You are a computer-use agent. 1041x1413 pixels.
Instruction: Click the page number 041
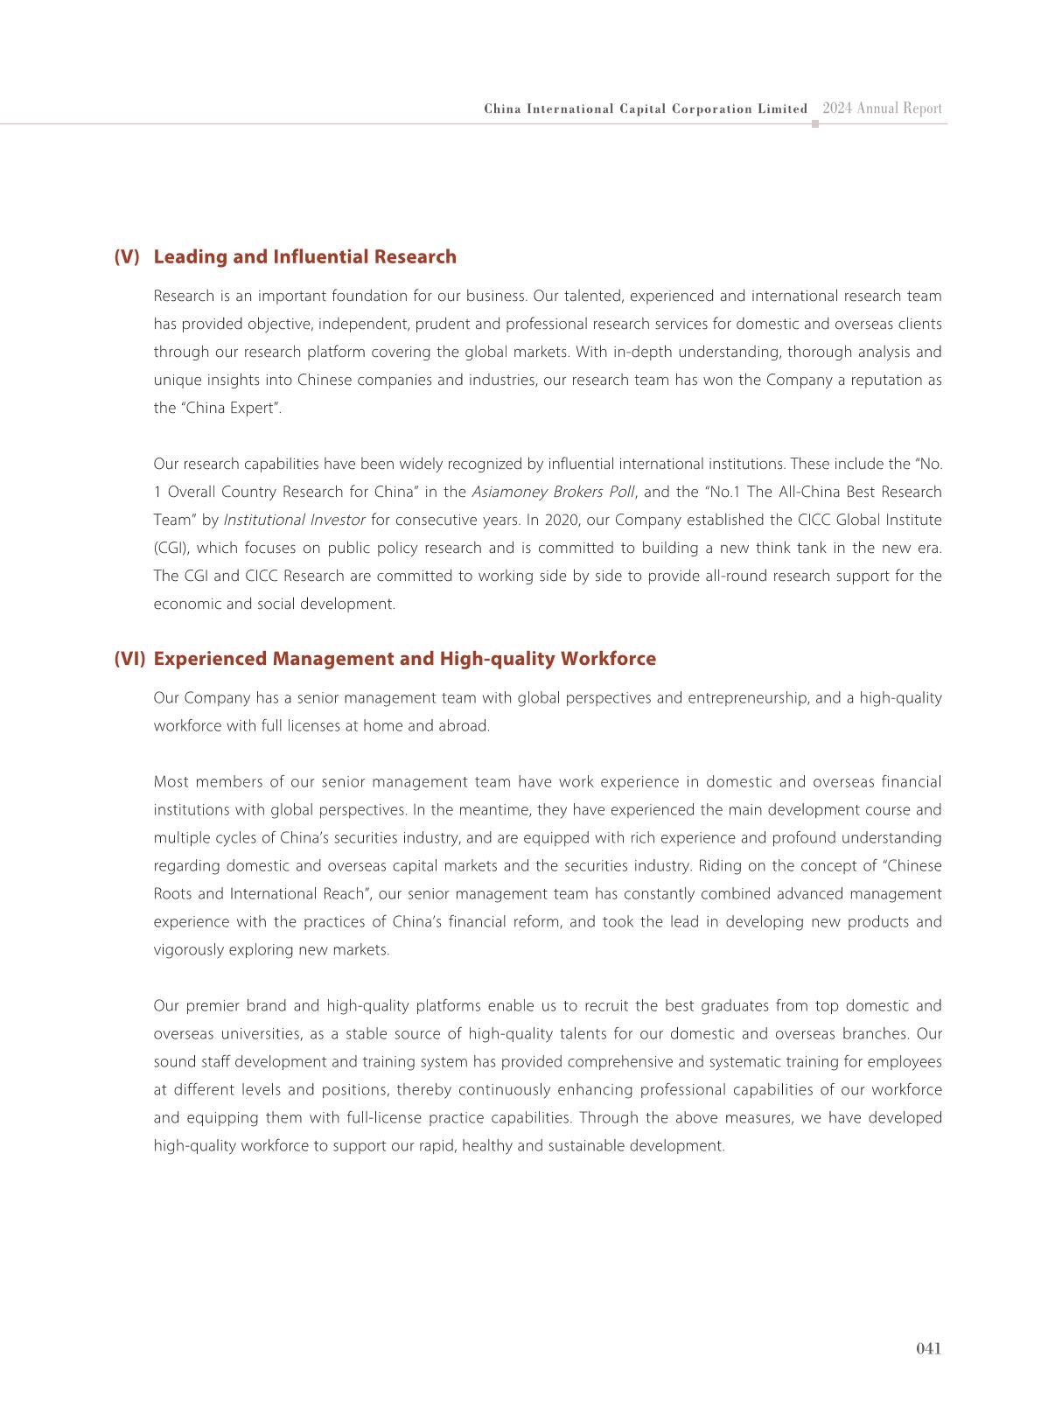click(928, 1348)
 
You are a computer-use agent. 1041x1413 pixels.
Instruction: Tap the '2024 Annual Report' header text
click(882, 108)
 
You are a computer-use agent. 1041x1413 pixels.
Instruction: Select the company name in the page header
click(646, 109)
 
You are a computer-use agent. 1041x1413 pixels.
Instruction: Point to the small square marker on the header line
click(815, 124)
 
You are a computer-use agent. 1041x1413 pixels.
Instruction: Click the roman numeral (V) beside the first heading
click(127, 256)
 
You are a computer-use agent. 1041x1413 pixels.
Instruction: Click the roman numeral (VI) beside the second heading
click(129, 658)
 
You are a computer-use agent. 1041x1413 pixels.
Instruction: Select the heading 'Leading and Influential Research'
click(304, 256)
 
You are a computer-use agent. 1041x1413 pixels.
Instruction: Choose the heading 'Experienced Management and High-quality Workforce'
click(404, 658)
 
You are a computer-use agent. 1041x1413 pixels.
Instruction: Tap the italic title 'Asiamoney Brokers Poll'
click(553, 492)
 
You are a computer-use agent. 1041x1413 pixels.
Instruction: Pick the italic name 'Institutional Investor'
click(294, 520)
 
